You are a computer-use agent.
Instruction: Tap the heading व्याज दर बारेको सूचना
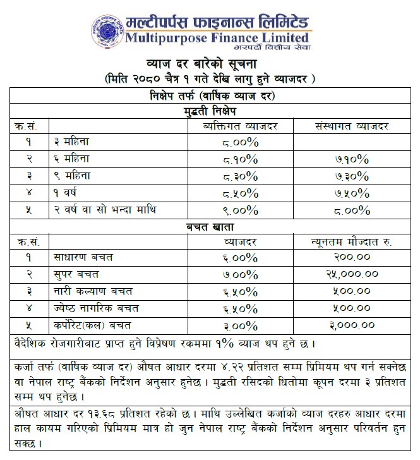[x=210, y=65]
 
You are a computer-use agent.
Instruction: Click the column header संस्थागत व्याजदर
[x=351, y=126]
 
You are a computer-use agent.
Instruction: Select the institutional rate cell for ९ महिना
[x=351, y=176]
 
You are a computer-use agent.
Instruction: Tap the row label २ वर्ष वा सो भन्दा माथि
[x=104, y=209]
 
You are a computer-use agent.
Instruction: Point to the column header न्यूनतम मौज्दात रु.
[x=351, y=241]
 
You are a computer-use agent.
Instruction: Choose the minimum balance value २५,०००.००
[x=351, y=275]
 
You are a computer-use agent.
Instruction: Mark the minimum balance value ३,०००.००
[x=351, y=325]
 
